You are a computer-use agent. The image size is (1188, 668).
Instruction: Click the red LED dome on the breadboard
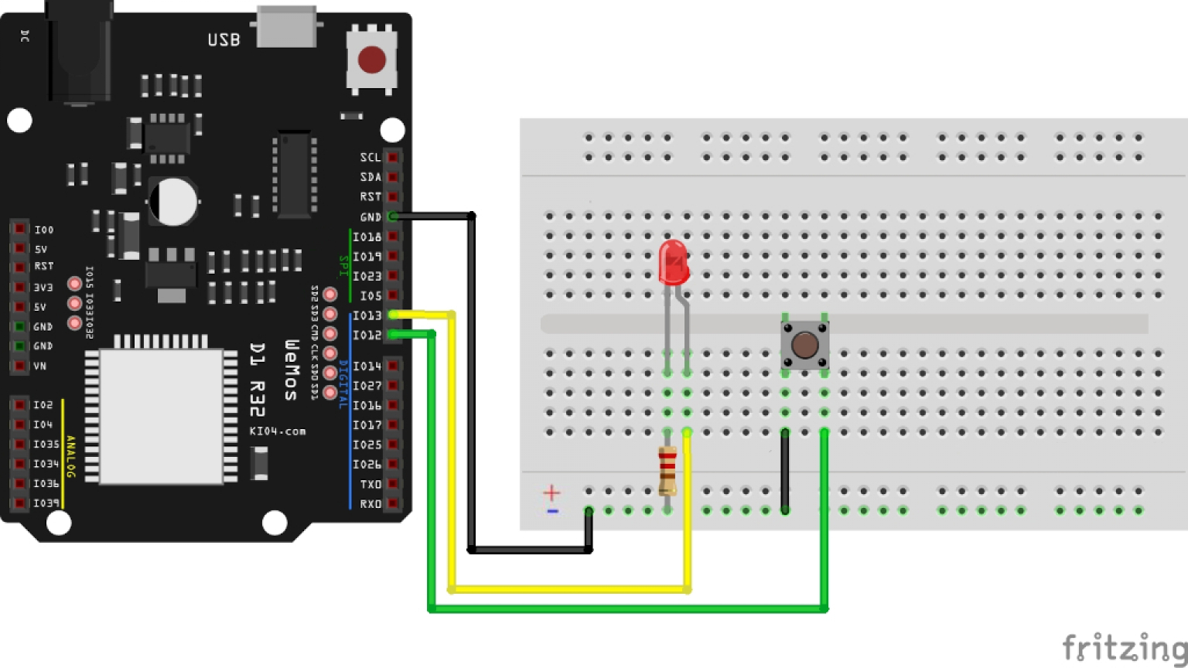[x=673, y=261]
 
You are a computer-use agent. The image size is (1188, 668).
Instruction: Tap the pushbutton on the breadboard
[x=804, y=345]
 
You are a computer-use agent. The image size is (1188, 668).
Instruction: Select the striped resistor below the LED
[x=667, y=470]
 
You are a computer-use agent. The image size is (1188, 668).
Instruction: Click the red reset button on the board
[x=372, y=60]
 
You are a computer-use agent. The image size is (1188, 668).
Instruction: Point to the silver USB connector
[x=286, y=26]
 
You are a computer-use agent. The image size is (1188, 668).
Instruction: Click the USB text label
[x=224, y=40]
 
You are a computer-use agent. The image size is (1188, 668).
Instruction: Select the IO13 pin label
[x=367, y=315]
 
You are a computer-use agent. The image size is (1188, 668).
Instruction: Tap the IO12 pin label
[x=367, y=335]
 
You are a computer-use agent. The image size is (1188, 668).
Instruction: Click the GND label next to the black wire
[x=370, y=217]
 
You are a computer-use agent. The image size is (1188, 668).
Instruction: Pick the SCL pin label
[x=370, y=158]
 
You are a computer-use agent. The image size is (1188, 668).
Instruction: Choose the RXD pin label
[x=370, y=503]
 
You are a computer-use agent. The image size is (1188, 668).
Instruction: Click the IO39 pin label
[x=46, y=503]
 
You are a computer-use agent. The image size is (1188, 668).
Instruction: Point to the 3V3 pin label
[x=43, y=288]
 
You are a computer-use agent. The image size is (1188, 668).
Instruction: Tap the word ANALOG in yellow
[x=70, y=456]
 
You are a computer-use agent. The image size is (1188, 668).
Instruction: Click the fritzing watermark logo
[x=1123, y=647]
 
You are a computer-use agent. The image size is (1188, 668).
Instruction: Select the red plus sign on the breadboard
[x=551, y=492]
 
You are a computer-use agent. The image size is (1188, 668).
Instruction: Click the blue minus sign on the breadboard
[x=552, y=511]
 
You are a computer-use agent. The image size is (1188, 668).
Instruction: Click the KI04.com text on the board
[x=278, y=431]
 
